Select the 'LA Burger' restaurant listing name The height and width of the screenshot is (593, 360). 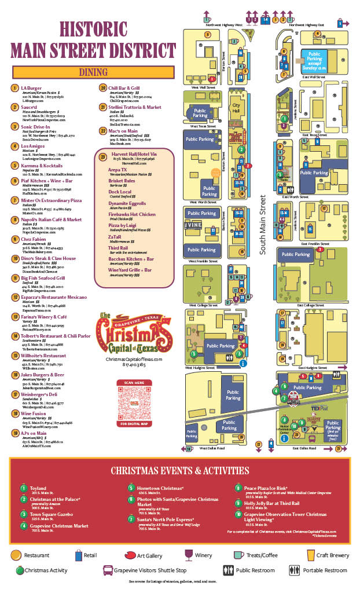coord(31,88)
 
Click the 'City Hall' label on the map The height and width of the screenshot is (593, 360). coord(236,108)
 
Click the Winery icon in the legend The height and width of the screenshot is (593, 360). coord(188,555)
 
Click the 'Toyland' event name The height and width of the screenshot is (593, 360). coord(39,488)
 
